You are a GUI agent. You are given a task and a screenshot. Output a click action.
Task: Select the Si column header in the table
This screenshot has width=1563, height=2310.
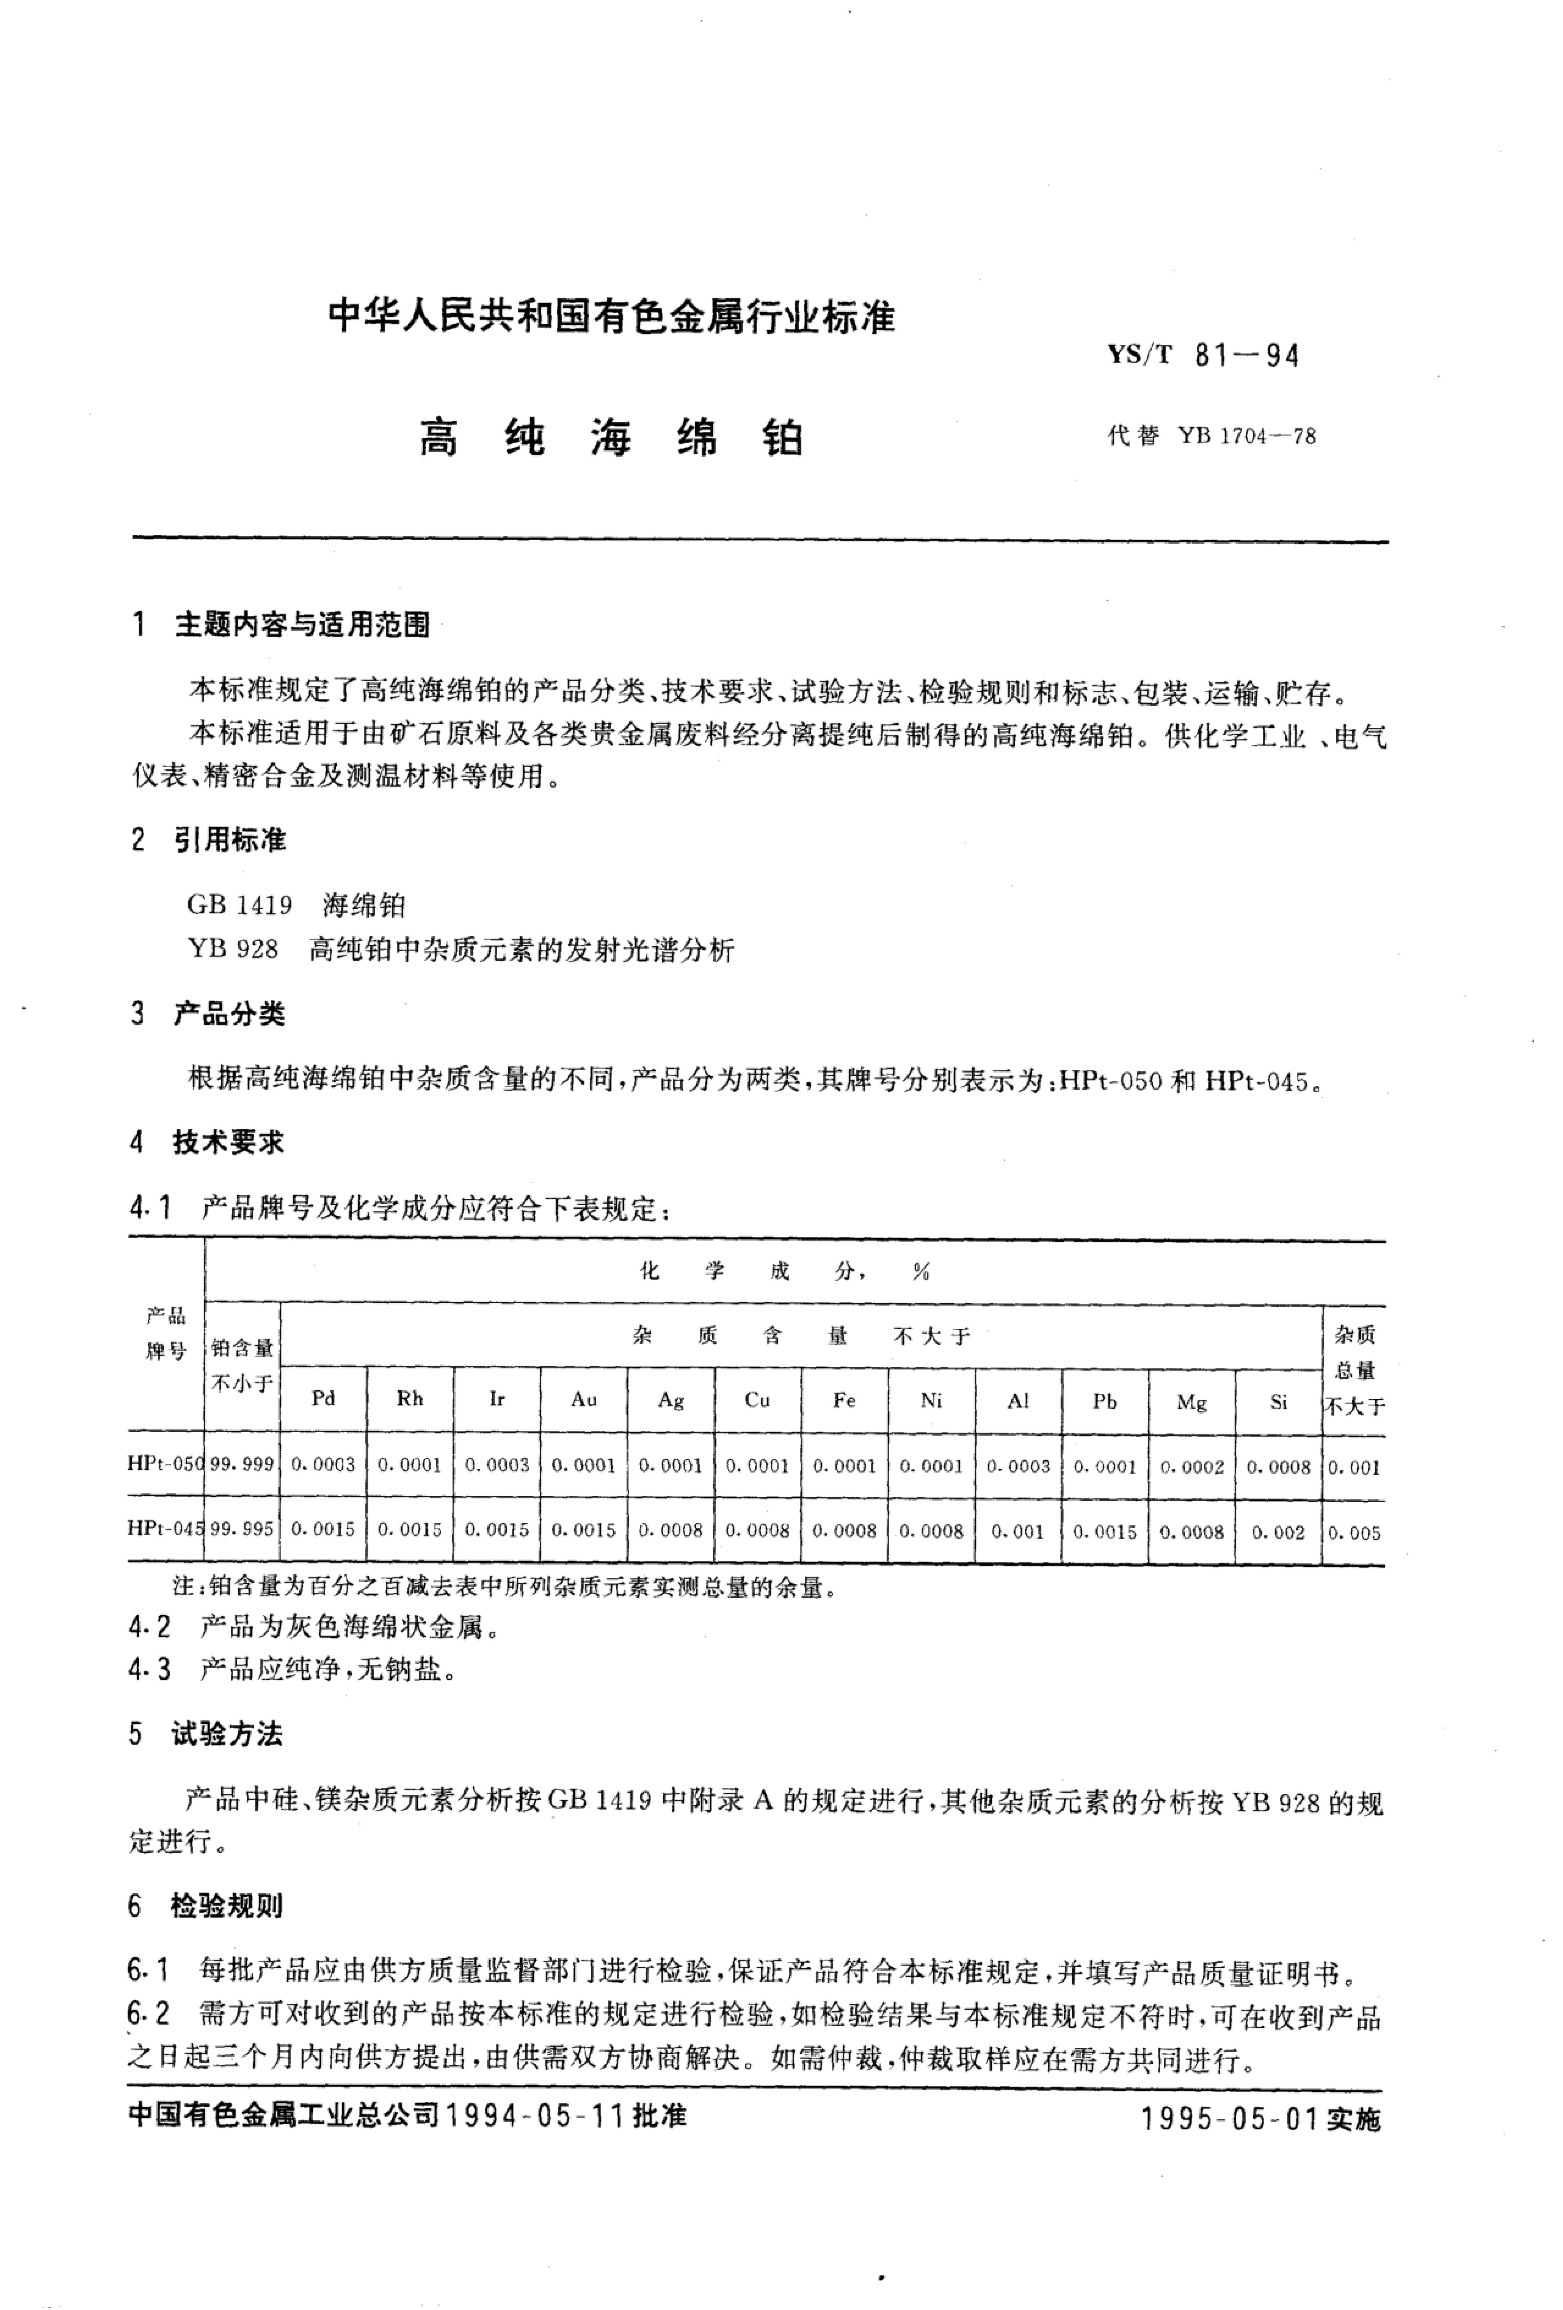point(1279,1401)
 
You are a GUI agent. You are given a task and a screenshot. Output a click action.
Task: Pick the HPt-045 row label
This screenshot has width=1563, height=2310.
point(165,1528)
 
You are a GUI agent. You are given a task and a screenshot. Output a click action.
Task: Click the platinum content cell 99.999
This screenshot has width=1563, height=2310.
point(241,1464)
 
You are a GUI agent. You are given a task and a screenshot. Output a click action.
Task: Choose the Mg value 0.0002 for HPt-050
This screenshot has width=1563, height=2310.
point(1191,1466)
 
